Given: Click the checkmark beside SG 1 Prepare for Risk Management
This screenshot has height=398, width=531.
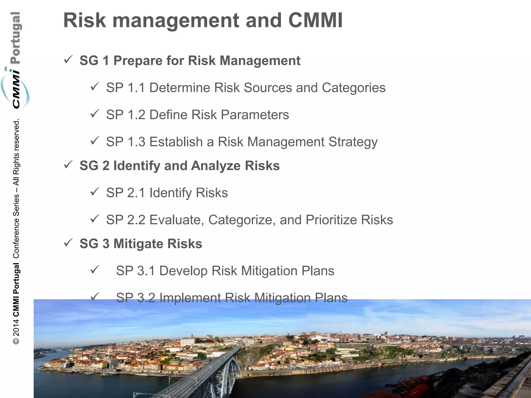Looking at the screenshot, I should click(x=68, y=60).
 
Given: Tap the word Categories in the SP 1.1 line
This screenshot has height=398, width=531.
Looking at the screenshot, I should click(x=353, y=88).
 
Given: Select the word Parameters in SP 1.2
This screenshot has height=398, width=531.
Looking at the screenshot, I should click(x=255, y=115).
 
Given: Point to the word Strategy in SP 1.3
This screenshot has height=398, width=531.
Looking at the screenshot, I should click(x=353, y=142).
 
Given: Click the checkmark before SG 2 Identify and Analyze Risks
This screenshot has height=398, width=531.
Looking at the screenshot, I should click(x=68, y=165).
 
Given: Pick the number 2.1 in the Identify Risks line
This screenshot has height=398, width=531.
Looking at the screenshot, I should click(x=136, y=193).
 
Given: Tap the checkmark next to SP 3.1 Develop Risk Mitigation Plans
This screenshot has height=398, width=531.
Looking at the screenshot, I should click(x=95, y=270).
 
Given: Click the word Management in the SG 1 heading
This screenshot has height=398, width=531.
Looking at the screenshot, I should click(x=260, y=61).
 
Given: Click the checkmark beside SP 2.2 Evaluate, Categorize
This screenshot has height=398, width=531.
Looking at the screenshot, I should click(x=95, y=219).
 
